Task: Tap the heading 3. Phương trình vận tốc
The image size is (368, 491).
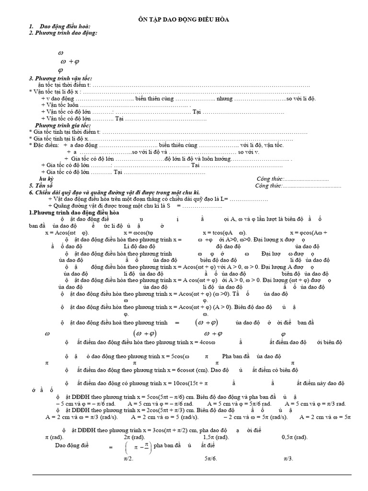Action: [60, 78]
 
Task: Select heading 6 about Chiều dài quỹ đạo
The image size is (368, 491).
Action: [119, 192]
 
